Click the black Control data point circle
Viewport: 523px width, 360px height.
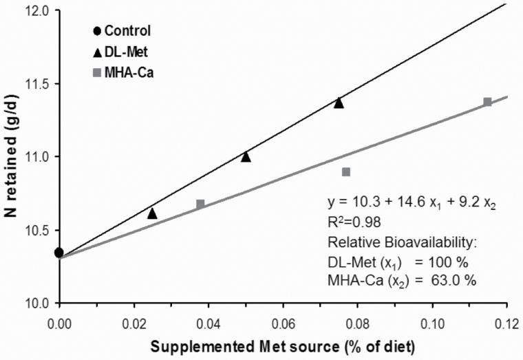coord(59,253)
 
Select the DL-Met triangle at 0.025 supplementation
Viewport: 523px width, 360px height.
coord(152,214)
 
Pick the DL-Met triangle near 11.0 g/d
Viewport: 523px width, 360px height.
coord(246,157)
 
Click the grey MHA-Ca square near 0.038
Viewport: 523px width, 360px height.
coord(200,204)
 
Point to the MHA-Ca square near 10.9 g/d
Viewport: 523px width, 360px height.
coord(346,171)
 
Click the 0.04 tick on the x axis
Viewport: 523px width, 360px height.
coord(209,321)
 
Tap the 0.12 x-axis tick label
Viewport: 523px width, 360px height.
coord(506,321)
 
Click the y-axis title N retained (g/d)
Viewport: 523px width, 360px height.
coord(12,157)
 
